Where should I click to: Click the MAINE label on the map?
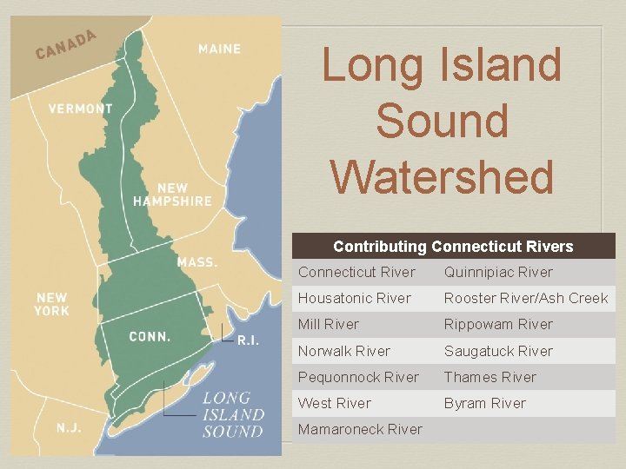click(219, 49)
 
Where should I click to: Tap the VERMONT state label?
click(80, 109)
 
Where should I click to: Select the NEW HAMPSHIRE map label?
click(172, 195)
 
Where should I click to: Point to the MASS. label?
click(196, 261)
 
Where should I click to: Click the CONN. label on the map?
click(149, 336)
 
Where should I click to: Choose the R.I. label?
click(248, 340)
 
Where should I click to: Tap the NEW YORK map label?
click(52, 304)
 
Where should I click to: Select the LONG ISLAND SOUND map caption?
click(232, 414)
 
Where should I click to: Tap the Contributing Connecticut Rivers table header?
click(453, 247)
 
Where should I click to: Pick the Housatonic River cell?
click(354, 298)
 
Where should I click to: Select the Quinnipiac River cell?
click(498, 272)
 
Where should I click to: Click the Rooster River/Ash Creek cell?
click(525, 298)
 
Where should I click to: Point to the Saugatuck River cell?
click(498, 351)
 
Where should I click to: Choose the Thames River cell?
click(489, 377)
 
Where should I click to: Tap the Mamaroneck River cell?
click(360, 429)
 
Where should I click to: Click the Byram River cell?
click(484, 403)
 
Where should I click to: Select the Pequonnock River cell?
click(358, 377)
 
